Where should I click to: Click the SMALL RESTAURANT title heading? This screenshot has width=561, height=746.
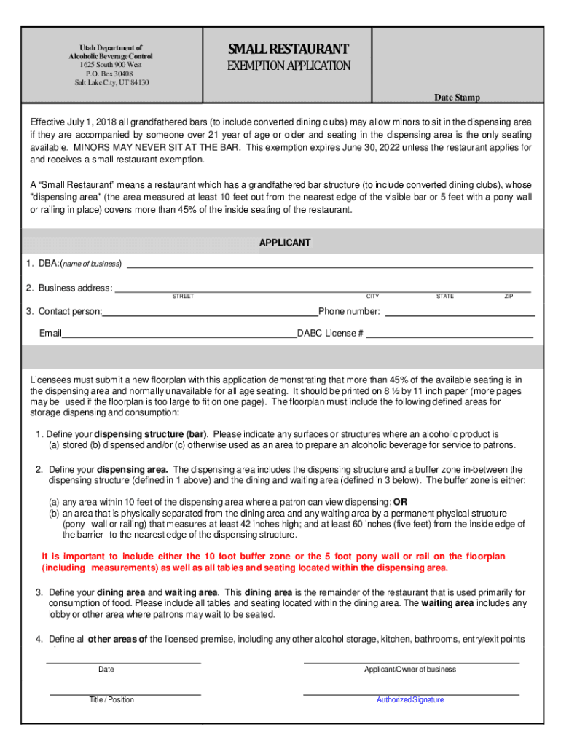[x=289, y=50]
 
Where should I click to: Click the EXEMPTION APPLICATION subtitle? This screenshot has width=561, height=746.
[x=289, y=66]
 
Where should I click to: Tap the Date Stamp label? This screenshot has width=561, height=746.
[x=457, y=98]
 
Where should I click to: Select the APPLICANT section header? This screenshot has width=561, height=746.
[x=285, y=243]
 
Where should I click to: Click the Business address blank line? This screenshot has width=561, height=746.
[x=323, y=290]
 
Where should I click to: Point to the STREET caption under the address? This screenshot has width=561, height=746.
[x=183, y=297]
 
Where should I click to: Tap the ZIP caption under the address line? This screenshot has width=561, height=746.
[x=509, y=297]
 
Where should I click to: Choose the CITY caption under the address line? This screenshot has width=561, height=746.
[x=372, y=297]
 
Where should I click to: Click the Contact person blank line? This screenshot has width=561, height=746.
[x=211, y=314]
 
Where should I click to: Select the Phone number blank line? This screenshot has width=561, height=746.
[x=459, y=314]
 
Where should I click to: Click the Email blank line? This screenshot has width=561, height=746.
[x=179, y=337]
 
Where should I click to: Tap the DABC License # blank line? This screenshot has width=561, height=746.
[x=450, y=337]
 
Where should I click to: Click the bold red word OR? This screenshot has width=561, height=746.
[x=400, y=502]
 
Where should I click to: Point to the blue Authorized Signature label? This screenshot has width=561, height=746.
[x=410, y=700]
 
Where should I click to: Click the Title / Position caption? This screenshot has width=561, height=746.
[x=111, y=700]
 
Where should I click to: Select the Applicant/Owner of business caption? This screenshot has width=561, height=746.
[x=410, y=670]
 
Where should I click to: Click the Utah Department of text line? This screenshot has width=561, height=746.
[x=111, y=48]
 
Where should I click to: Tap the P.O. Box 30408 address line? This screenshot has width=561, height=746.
[x=110, y=74]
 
